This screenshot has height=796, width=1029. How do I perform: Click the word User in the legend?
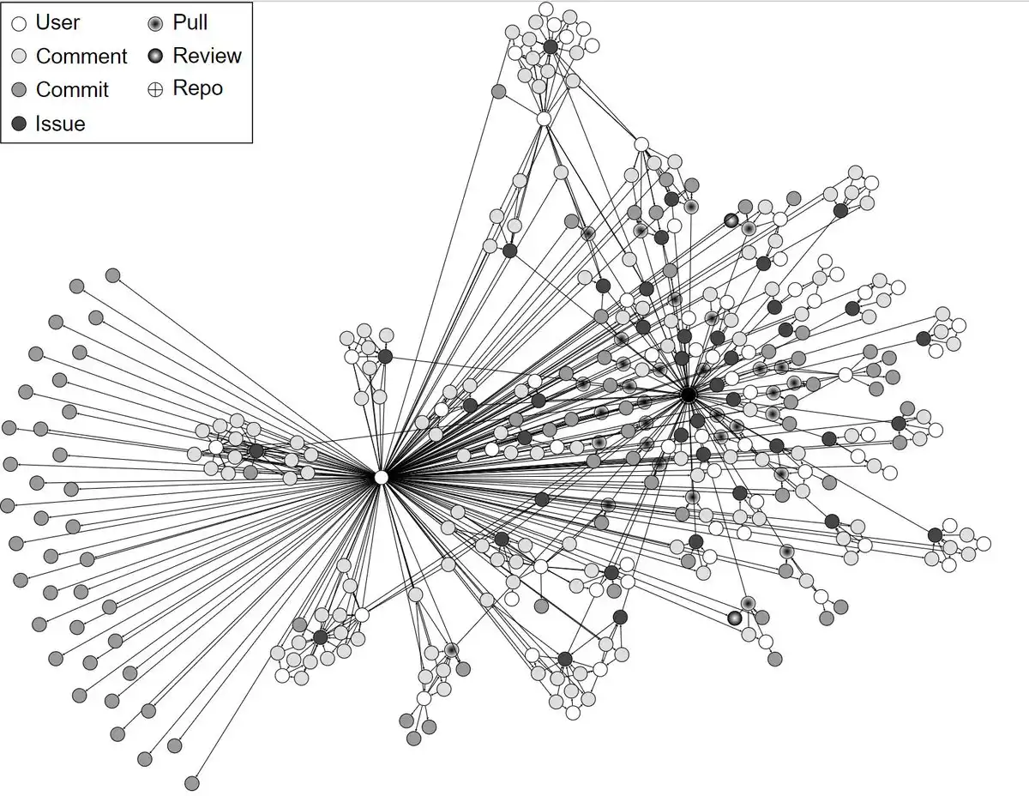click(57, 22)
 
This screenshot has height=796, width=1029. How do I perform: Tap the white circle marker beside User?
click(18, 23)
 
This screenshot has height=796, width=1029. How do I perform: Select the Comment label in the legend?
click(81, 57)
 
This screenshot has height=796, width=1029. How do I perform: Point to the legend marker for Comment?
click(18, 57)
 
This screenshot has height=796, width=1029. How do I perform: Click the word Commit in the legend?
click(72, 90)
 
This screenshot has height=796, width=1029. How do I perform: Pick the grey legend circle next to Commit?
click(18, 90)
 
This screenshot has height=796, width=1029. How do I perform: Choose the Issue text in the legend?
click(60, 124)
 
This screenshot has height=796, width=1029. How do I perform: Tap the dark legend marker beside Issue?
click(18, 124)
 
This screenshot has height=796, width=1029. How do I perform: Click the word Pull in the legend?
click(190, 22)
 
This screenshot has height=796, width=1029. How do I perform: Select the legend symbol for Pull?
click(155, 23)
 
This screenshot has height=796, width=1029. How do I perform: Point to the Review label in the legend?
click(207, 56)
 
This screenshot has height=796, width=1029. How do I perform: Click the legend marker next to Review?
click(155, 57)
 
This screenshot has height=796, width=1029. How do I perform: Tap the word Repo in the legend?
click(197, 88)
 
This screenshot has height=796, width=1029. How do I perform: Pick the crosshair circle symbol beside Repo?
click(155, 89)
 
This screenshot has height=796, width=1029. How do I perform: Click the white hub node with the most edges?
click(382, 477)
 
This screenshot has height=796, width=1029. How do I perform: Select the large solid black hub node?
click(688, 395)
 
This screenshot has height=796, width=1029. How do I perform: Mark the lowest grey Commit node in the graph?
click(192, 782)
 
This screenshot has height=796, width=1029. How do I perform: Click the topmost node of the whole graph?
click(545, 9)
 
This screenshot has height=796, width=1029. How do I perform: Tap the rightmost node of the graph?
click(984, 543)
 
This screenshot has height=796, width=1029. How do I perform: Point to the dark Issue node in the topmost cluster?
click(551, 47)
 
